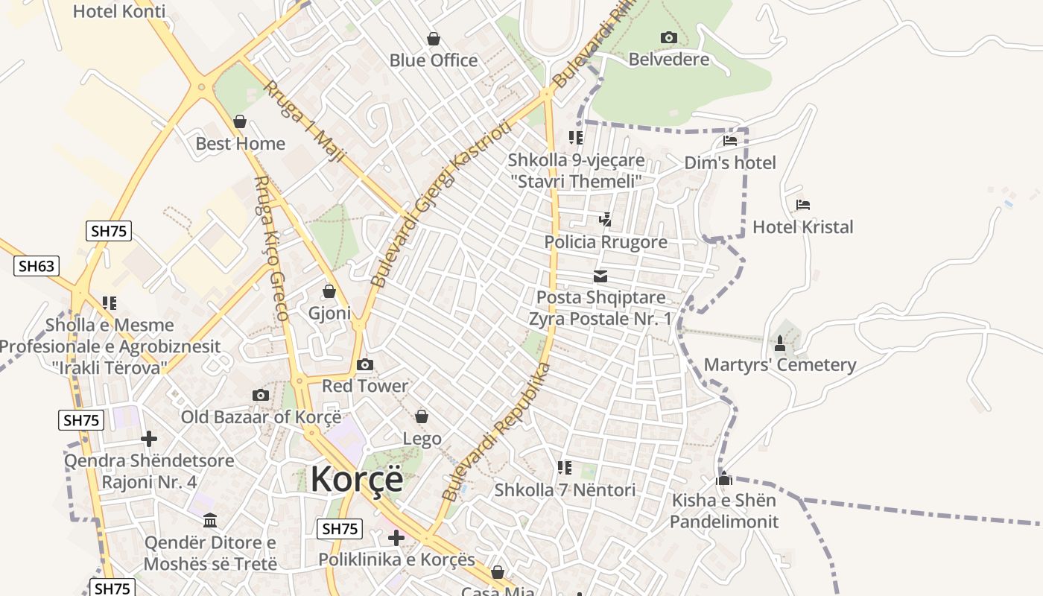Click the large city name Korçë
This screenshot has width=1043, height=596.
point(357,478)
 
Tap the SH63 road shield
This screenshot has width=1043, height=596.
point(37,266)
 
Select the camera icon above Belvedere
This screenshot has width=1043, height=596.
point(668,38)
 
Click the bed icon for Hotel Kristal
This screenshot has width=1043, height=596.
point(802,205)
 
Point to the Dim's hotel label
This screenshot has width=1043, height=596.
point(729,163)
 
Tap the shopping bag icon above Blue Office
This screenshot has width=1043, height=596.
point(433,39)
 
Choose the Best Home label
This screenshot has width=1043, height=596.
point(240,144)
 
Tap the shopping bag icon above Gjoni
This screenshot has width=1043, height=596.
point(329,291)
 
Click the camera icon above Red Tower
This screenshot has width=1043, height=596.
point(364,364)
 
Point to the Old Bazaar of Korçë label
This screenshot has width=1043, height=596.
point(261,417)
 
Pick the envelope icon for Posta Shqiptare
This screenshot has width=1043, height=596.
point(600,277)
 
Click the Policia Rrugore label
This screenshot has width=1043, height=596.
point(605,242)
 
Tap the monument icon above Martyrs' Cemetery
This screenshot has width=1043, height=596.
point(779,343)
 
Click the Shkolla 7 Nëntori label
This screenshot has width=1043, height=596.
point(565,490)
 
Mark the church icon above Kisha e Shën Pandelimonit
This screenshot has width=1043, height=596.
point(723,478)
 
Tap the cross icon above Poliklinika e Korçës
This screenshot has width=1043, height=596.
point(396,537)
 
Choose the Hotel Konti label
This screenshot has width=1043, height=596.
point(119,12)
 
